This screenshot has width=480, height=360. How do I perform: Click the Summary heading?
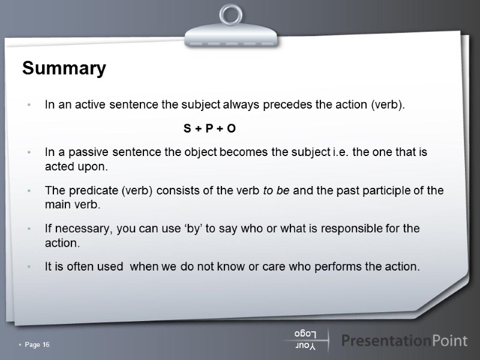pyautogui.click(x=64, y=68)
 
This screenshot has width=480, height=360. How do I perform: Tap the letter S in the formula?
pyautogui.click(x=186, y=128)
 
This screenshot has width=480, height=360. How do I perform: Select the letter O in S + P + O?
pyautogui.click(x=232, y=128)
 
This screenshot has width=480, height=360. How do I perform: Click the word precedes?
pyautogui.click(x=289, y=105)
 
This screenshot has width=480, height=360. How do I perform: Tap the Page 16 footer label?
pyautogui.click(x=37, y=344)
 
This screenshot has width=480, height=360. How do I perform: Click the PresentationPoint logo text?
pyautogui.click(x=404, y=341)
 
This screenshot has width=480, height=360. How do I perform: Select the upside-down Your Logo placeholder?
pyautogui.click(x=307, y=340)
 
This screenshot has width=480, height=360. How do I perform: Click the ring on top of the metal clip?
pyautogui.click(x=231, y=14)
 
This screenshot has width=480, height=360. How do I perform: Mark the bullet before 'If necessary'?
pyautogui.click(x=29, y=229)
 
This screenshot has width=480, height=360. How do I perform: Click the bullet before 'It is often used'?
pyautogui.click(x=29, y=267)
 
